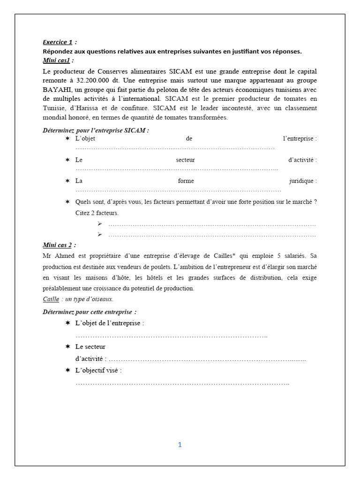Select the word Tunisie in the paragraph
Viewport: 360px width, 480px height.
click(57, 107)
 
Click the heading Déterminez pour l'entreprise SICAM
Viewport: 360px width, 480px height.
click(96, 130)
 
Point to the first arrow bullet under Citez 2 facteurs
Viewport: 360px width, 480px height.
click(100, 224)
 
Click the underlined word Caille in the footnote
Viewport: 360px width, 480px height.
click(51, 299)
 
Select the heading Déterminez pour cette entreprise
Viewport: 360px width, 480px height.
click(89, 312)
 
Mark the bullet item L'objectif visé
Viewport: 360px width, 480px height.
click(98, 370)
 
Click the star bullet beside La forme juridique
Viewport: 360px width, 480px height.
click(67, 180)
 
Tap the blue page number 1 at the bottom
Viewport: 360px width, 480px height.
click(180, 445)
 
